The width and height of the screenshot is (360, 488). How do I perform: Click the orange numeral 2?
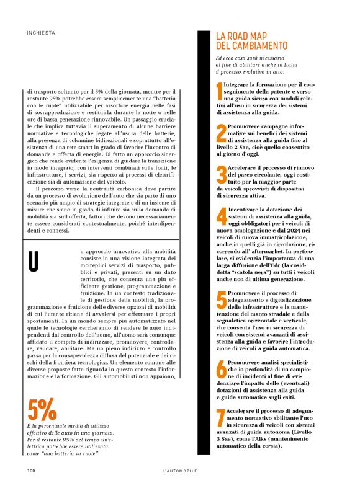[221, 133]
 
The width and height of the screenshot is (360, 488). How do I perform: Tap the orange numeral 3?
[221, 175]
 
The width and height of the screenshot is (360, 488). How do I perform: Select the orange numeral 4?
[221, 218]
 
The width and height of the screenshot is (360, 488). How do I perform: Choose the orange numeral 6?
[221, 368]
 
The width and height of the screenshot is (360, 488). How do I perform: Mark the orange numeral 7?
[220, 419]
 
